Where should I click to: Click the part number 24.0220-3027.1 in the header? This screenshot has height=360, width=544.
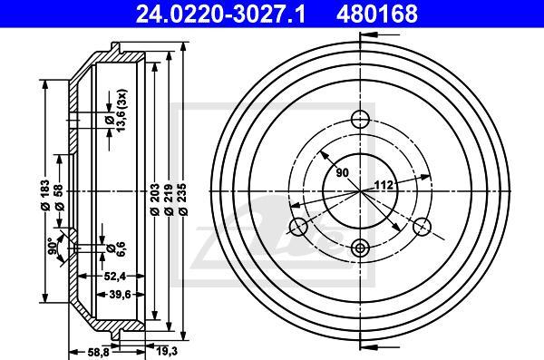220,14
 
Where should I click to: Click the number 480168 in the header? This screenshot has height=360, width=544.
377,14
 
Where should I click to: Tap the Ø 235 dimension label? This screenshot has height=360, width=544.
183,200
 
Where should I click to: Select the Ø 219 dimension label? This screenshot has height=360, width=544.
169,200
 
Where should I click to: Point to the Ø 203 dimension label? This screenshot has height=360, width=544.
154,200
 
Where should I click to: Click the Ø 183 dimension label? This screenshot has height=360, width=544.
44,196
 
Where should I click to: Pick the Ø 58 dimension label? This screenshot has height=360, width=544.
59,197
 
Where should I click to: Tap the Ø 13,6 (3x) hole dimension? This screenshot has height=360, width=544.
117,111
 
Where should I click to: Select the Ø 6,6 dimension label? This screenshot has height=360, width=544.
116,248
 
